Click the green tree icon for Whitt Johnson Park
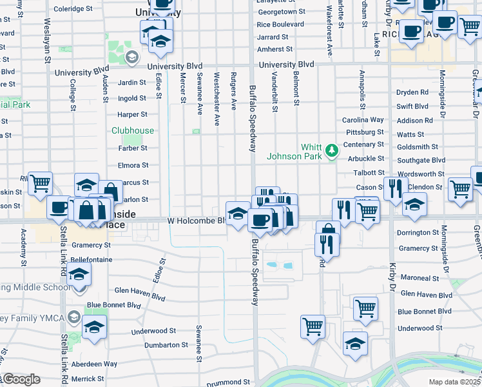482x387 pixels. pyautogui.click(x=332, y=150)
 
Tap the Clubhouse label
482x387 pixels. pyautogui.click(x=133, y=130)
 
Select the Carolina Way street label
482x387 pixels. pyautogui.click(x=363, y=120)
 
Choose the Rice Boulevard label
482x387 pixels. pyautogui.click(x=280, y=25)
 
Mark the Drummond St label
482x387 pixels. pyautogui.click(x=224, y=383)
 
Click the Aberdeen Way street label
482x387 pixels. pyautogui.click(x=94, y=364)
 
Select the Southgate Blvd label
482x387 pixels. pyautogui.click(x=421, y=160)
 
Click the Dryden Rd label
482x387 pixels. pyautogui.click(x=413, y=92)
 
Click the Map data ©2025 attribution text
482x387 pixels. pyautogui.click(x=454, y=382)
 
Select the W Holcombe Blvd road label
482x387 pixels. pyautogui.click(x=195, y=221)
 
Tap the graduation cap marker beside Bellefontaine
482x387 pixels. pyautogui.click(x=79, y=274)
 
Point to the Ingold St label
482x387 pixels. pyautogui.click(x=132, y=99)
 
